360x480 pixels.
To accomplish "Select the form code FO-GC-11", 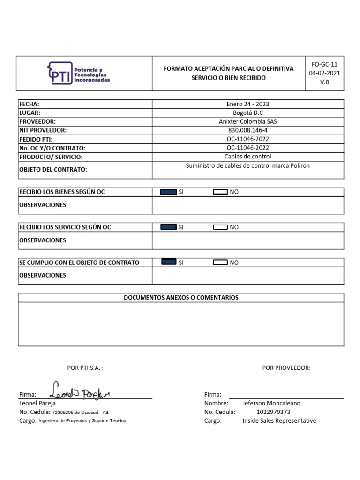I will [324, 64].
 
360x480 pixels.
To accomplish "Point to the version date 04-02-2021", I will [324, 73].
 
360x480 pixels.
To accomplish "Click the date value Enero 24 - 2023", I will [247, 104].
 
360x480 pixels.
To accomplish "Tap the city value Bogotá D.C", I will [247, 113].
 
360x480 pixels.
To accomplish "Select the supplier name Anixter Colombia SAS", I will [247, 121].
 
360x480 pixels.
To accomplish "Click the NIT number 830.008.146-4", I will [247, 130].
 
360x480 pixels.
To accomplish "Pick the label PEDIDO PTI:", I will [36, 139].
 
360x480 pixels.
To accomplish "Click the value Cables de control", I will [247, 157].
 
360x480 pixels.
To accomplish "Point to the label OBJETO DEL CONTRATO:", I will [53, 170].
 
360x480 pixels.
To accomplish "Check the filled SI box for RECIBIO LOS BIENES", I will [168, 192].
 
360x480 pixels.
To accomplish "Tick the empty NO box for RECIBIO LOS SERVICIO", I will [220, 227].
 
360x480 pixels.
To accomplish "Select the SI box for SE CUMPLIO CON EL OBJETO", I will [169, 262].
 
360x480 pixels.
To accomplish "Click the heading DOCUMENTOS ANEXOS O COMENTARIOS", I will [181, 298].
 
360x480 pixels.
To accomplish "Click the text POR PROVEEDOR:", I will [286, 368].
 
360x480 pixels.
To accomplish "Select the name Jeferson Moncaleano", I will [271, 403].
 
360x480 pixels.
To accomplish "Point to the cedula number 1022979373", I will [273, 412].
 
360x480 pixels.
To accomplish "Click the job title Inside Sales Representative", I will [279, 420].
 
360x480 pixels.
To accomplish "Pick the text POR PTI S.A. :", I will [85, 368].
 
